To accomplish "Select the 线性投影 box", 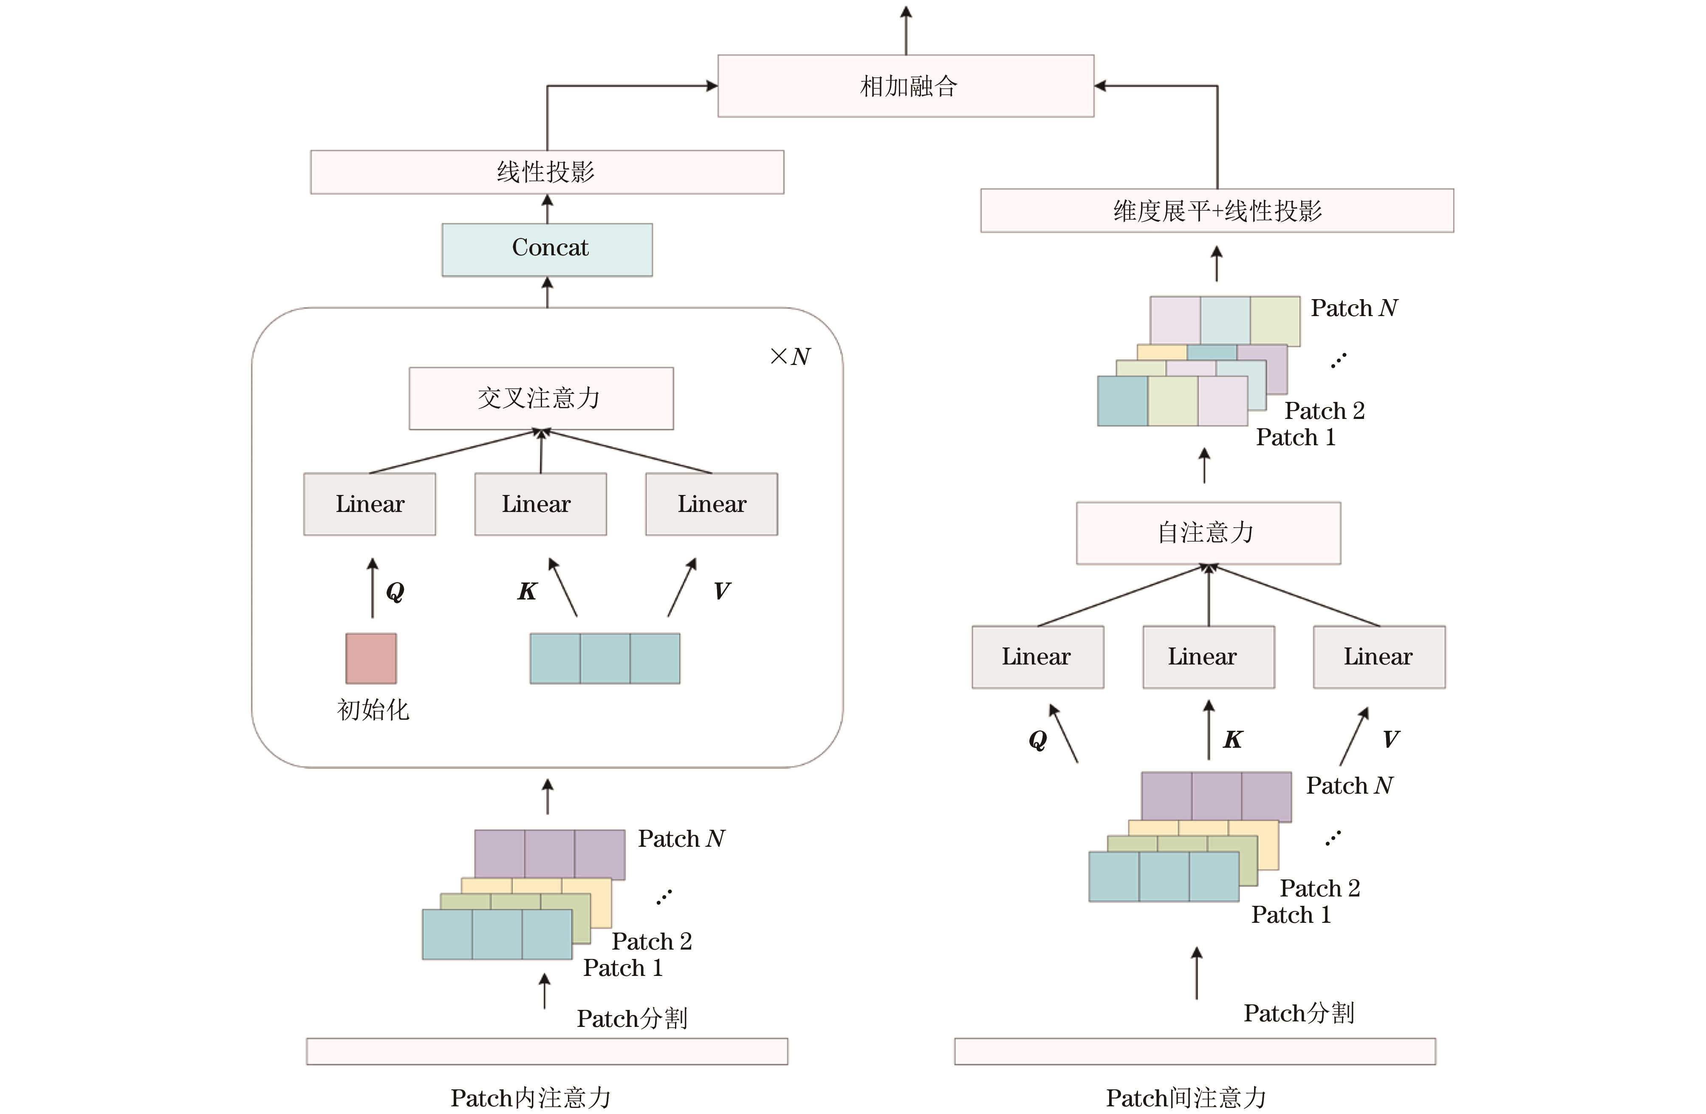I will pyautogui.click(x=546, y=172).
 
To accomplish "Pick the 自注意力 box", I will pyautogui.click(x=1208, y=533).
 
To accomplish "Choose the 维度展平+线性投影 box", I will pyautogui.click(x=1217, y=211).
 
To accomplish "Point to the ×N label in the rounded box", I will pyautogui.click(x=790, y=356).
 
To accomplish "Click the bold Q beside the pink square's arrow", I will pyautogui.click(x=395, y=591).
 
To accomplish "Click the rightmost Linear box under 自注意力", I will pyautogui.click(x=1378, y=657).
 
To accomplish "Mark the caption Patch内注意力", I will pyautogui.click(x=531, y=1097).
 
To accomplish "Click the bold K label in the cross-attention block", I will pyautogui.click(x=527, y=591).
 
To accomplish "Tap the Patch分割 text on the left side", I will pyautogui.click(x=632, y=1018).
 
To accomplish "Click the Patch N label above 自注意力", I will pyautogui.click(x=1353, y=308).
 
